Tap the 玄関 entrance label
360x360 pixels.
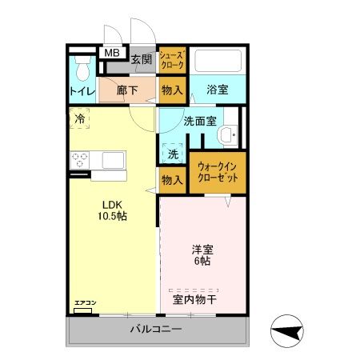coord(142,59)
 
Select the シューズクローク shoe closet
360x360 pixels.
coord(173,61)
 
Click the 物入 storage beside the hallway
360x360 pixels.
coord(172,90)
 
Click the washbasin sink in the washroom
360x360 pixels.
coord(230,135)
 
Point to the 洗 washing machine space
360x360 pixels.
coord(173,152)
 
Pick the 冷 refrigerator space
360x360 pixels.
coord(80,119)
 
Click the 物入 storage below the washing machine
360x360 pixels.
coord(172,179)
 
